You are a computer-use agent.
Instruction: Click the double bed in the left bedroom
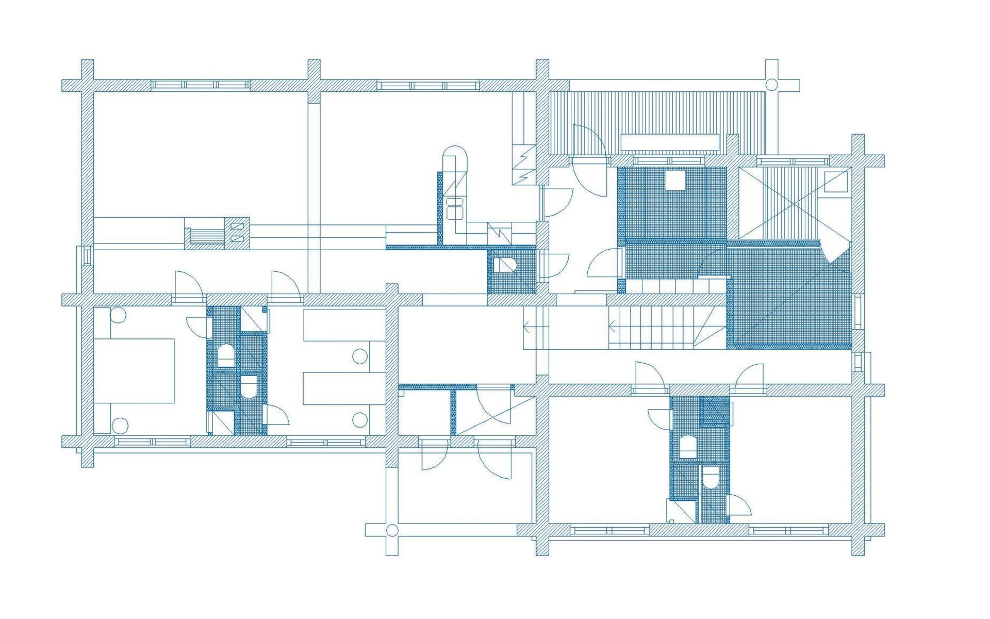click(134, 370)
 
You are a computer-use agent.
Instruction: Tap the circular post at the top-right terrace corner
click(771, 85)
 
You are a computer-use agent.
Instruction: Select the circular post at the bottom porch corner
click(392, 530)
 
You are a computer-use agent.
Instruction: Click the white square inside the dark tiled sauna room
click(674, 181)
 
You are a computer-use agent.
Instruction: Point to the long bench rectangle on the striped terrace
click(669, 142)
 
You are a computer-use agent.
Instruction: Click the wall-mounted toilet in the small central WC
click(504, 266)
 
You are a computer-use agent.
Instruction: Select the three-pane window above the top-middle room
click(427, 85)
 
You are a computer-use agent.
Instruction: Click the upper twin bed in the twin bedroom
click(344, 325)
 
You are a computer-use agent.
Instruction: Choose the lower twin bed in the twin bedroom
click(344, 388)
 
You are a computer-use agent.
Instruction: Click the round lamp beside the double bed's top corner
click(118, 315)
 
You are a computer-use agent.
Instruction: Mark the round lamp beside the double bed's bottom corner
click(120, 425)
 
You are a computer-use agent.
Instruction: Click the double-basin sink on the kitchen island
click(455, 208)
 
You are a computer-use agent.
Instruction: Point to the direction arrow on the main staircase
click(612, 327)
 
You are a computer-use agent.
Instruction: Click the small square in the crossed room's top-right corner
click(835, 182)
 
